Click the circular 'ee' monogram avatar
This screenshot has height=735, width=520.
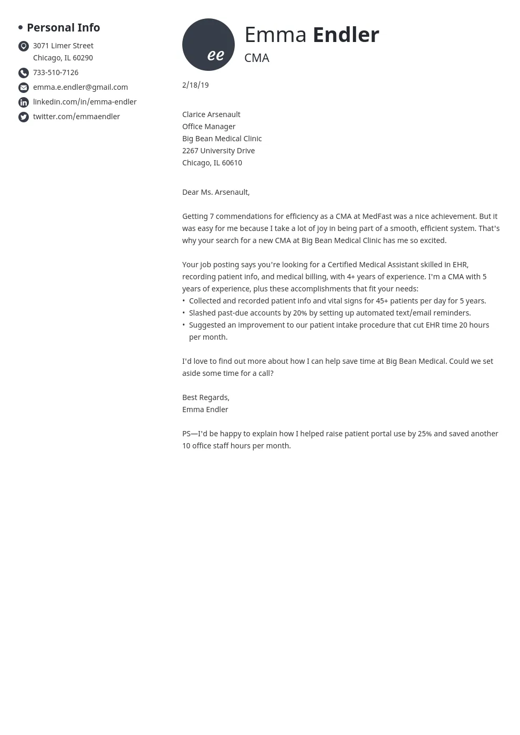tap(209, 45)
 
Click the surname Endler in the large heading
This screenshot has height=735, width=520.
tap(346, 35)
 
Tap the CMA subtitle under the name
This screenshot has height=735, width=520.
tap(257, 58)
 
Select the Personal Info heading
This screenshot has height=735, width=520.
tap(63, 27)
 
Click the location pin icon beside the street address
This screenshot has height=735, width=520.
tap(24, 46)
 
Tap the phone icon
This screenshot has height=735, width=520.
tap(24, 73)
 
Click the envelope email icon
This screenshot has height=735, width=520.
tap(24, 88)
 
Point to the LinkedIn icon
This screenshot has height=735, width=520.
tap(24, 102)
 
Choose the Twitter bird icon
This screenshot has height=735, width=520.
tap(24, 117)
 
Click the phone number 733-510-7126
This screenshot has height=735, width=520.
tap(56, 72)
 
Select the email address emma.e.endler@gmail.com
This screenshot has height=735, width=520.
tap(80, 87)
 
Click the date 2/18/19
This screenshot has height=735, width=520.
tap(195, 85)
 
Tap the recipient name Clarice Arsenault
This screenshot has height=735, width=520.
tap(211, 114)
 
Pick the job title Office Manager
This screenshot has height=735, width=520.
tap(209, 127)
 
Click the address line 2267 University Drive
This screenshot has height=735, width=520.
tap(219, 151)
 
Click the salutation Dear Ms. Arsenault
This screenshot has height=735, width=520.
tap(216, 192)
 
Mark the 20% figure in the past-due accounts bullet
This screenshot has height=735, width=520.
tap(300, 313)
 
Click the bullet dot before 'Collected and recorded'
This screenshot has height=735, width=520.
tap(184, 301)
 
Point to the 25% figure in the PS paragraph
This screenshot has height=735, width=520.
tap(424, 434)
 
